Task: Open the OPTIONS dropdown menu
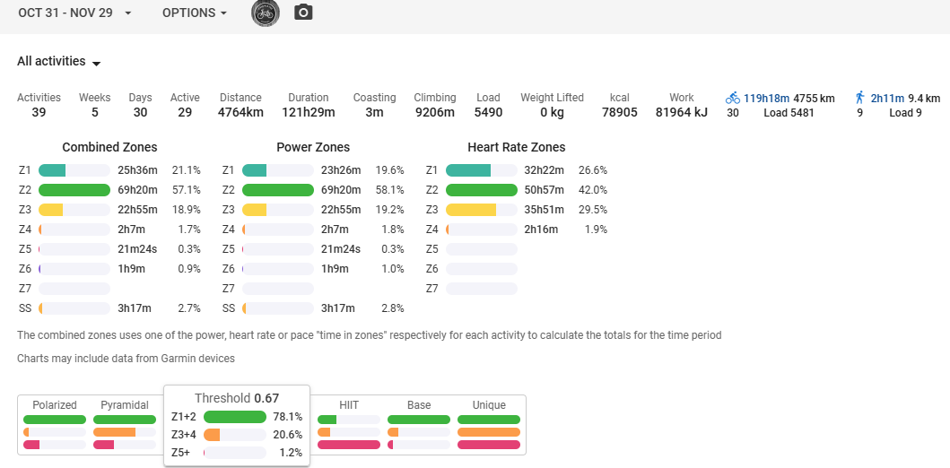click(x=194, y=13)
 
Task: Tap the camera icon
click(x=304, y=13)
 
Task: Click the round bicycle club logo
click(x=266, y=13)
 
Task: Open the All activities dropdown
click(x=58, y=62)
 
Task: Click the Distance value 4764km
click(x=240, y=113)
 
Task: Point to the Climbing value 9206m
click(x=434, y=113)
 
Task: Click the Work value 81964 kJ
click(x=681, y=113)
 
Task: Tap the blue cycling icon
click(x=733, y=98)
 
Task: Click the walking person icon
click(x=859, y=98)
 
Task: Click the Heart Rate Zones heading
click(x=516, y=147)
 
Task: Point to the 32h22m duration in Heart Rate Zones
click(x=545, y=170)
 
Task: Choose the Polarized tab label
click(x=55, y=405)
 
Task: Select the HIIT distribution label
click(x=349, y=405)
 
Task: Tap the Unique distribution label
click(x=489, y=405)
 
